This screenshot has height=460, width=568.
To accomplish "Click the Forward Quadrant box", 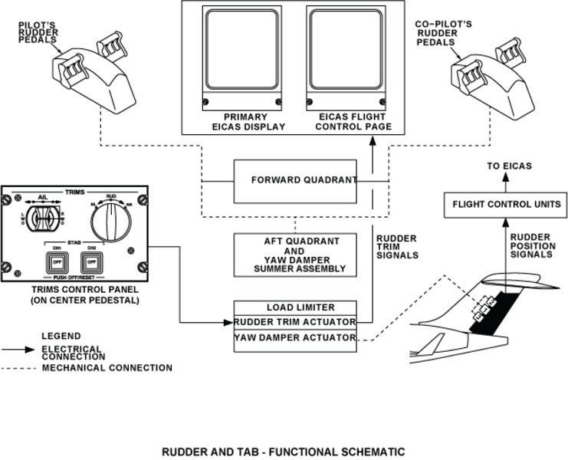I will point(295,181).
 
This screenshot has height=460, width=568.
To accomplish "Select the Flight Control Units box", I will point(505,205).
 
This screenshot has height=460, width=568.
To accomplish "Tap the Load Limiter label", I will point(295,307).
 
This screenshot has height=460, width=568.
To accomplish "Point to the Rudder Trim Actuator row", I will point(295,322).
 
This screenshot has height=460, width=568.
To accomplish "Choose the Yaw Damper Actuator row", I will point(295,337).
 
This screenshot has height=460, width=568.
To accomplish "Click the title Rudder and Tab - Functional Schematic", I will point(283,452).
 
